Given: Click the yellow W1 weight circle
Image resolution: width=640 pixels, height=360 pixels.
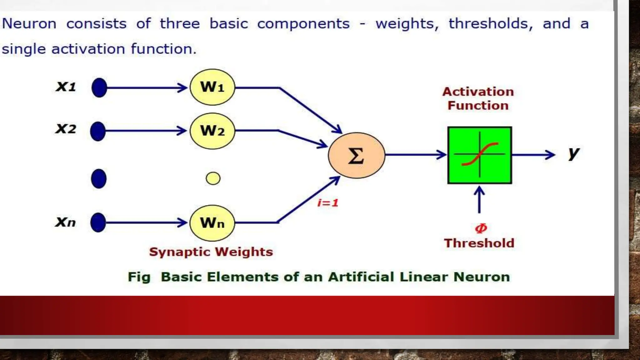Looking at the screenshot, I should click(x=212, y=87).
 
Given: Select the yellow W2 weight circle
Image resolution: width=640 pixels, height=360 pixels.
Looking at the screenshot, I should click(x=212, y=131).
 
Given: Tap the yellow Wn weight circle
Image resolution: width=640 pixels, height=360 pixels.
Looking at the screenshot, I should click(x=212, y=223).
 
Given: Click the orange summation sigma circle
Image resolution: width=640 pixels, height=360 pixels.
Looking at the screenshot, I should click(x=356, y=155).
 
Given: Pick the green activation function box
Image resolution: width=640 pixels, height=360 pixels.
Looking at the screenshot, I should click(x=479, y=155).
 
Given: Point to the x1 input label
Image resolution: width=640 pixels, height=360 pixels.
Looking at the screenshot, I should click(x=66, y=87).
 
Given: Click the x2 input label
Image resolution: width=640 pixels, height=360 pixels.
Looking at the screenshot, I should click(x=66, y=129).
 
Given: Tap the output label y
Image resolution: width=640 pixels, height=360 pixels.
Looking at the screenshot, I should click(x=574, y=153).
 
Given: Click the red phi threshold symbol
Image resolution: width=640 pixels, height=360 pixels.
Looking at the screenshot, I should click(x=481, y=228).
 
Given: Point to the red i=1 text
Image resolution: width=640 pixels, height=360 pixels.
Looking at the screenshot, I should click(x=328, y=203).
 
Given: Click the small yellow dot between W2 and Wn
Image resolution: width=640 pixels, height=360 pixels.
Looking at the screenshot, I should click(x=213, y=178).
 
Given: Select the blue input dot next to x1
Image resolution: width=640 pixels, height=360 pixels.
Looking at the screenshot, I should click(x=99, y=87).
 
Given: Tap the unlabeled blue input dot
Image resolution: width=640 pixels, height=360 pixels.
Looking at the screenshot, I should click(x=99, y=179).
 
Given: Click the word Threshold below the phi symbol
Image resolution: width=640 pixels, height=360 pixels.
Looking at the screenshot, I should click(x=479, y=243).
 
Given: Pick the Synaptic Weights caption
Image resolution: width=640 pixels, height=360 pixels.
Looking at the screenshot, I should click(x=211, y=252).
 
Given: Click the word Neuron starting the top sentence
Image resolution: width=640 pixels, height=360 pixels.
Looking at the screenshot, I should click(x=29, y=24).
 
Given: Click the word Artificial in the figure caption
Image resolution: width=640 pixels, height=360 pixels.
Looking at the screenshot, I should click(x=361, y=277).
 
